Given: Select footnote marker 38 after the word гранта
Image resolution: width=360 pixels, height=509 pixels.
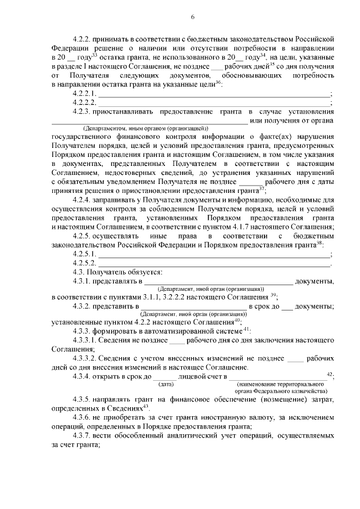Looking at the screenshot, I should (319, 243).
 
